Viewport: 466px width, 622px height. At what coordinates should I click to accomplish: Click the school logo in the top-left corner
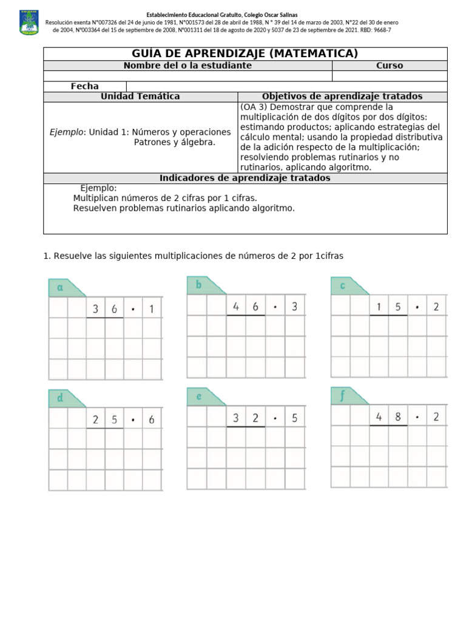tap(29, 22)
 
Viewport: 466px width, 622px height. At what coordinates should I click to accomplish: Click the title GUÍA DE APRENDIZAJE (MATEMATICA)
tap(245, 53)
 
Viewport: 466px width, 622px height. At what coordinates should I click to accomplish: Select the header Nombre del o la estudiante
tap(187, 66)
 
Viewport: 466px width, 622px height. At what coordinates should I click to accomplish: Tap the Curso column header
tap(390, 66)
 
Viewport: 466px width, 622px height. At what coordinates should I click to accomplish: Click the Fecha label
tap(84, 86)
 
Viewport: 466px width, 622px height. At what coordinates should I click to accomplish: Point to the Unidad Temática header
tap(140, 97)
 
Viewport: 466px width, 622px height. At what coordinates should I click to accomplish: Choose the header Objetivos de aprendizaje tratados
tap(342, 97)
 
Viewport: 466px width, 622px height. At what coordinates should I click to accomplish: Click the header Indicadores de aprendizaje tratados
tap(245, 178)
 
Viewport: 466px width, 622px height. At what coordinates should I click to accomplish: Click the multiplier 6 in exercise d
tap(151, 419)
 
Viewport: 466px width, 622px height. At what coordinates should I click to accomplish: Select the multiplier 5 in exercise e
tap(294, 418)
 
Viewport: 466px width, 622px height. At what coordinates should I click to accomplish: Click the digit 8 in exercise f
tap(398, 417)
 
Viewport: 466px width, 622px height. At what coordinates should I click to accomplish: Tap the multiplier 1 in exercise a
tap(152, 310)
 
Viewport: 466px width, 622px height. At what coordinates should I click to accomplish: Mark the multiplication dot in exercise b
tap(275, 307)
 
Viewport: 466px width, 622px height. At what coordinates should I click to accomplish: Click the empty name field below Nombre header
tap(187, 76)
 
